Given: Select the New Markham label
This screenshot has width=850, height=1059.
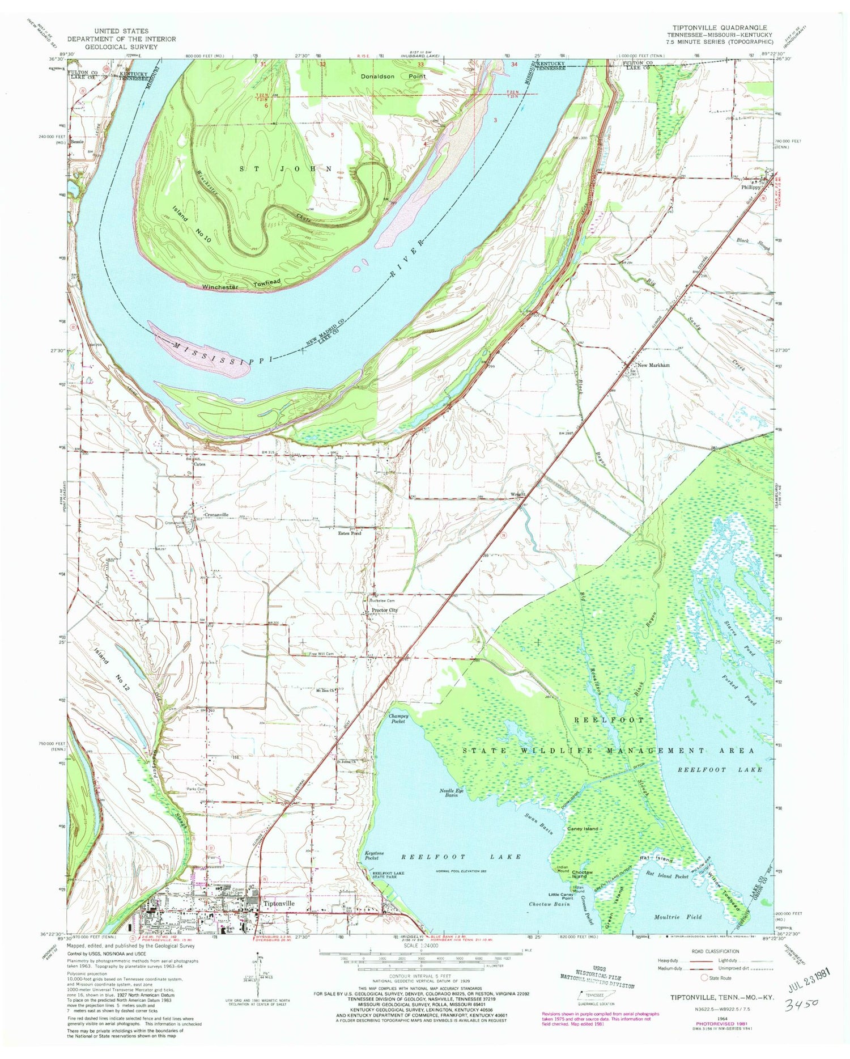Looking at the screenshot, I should pyautogui.click(x=654, y=365).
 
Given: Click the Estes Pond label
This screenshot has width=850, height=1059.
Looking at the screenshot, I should pyautogui.click(x=350, y=533).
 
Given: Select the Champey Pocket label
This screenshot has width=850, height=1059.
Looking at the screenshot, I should pyautogui.click(x=399, y=718).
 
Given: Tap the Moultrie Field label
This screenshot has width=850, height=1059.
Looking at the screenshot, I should pyautogui.click(x=678, y=917).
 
